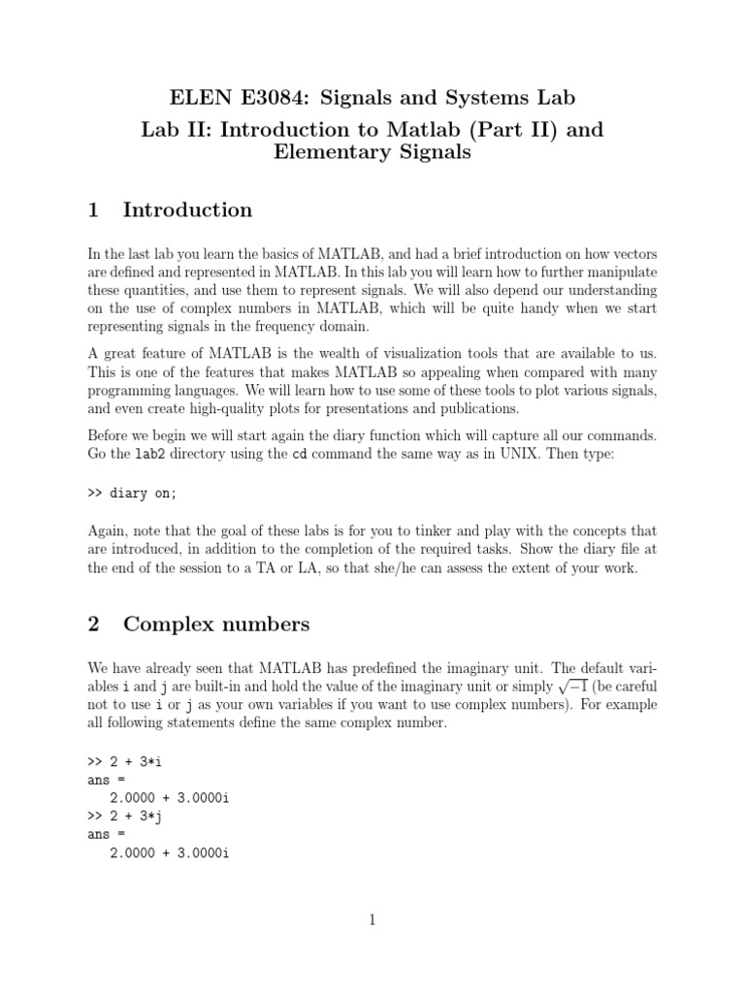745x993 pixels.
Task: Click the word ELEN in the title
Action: (199, 97)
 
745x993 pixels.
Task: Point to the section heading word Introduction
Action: (187, 209)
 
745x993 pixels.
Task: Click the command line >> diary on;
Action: (133, 493)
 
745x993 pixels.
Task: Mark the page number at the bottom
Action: (372, 920)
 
